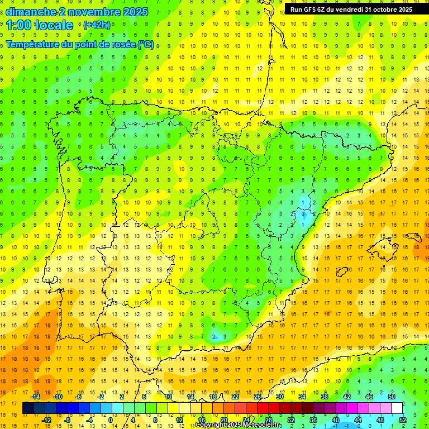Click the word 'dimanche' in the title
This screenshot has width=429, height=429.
(30, 12)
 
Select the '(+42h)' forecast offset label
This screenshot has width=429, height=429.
(97, 25)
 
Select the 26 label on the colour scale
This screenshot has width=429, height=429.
(258, 397)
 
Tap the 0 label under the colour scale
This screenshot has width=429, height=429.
(111, 420)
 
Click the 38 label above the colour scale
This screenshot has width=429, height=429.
(325, 397)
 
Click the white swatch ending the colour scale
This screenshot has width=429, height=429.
(397, 408)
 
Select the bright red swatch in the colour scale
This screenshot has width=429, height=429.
(263, 408)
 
